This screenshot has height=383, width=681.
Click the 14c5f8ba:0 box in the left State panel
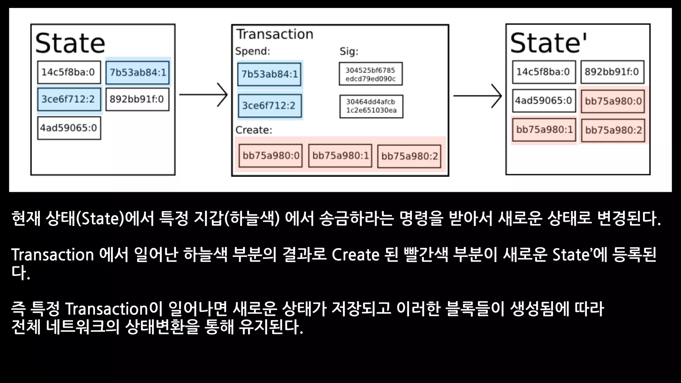tap(69, 72)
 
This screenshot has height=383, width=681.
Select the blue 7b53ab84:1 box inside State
tap(137, 72)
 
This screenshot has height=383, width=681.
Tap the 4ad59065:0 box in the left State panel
tap(69, 128)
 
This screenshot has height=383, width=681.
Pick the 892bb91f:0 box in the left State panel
tap(137, 99)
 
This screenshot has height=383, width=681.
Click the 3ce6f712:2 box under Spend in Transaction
tap(269, 106)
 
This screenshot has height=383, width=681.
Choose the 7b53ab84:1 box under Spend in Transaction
tap(269, 74)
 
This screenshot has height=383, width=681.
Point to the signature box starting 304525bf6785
tap(370, 74)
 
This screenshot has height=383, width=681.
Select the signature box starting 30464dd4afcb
tap(371, 106)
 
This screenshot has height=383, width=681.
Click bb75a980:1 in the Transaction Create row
tap(340, 156)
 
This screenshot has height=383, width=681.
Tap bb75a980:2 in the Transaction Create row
tap(409, 156)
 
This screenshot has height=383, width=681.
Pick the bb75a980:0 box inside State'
tap(613, 101)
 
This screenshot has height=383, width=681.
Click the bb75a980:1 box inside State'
tap(544, 130)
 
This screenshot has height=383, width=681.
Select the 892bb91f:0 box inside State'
tap(612, 72)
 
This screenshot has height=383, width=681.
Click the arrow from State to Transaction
tap(204, 95)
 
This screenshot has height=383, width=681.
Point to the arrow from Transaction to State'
tap(477, 96)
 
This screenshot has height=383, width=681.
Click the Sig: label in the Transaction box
tap(349, 52)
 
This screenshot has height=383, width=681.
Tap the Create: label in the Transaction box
tap(254, 130)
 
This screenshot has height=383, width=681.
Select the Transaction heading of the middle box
tap(275, 34)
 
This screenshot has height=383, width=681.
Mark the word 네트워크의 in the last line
tap(82, 327)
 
